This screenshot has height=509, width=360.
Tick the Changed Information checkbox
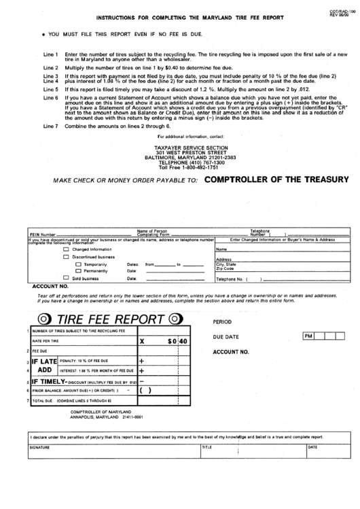pos(65,249)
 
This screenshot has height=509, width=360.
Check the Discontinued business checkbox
pos(65,257)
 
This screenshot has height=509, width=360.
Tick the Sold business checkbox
pos(65,278)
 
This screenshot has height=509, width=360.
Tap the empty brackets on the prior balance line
pos(145,391)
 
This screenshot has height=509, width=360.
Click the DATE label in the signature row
pos(312,447)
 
